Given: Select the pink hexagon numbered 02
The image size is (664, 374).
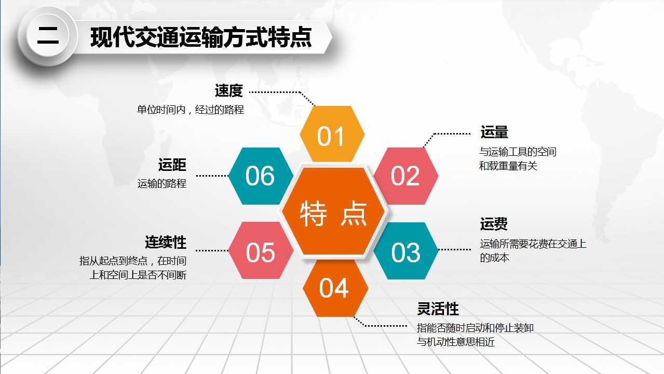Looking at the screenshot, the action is click(406, 176).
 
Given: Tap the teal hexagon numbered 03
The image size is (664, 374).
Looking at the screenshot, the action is click(406, 251).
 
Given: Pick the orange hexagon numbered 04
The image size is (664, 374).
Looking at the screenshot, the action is click(335, 288).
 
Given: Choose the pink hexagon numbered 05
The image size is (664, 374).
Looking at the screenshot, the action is click(261, 250).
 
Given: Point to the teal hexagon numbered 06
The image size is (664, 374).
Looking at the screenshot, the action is click(261, 176).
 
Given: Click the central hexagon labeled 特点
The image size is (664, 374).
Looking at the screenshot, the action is click(333, 211).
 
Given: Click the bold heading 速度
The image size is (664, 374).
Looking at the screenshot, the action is click(229, 90).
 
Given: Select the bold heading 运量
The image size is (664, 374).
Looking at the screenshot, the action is click(494, 132).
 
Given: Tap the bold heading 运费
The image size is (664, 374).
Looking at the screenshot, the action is click(494, 224).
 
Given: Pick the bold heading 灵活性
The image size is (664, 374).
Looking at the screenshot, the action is click(438, 309).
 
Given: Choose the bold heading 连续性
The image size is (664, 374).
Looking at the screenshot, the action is click(166, 242).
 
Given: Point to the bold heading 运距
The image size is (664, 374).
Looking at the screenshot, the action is click(172, 165).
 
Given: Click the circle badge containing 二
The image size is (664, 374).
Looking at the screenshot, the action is click(48, 36).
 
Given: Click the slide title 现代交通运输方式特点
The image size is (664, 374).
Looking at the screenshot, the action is click(201, 37).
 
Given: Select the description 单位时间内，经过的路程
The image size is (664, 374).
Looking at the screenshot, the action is click(191, 110).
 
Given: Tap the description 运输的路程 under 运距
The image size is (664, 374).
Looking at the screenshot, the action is click(162, 183).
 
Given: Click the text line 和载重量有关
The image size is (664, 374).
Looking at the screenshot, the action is click(508, 166).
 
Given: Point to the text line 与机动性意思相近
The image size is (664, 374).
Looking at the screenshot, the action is click(456, 342).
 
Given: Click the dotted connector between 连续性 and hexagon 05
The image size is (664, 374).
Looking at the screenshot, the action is click(212, 250).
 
